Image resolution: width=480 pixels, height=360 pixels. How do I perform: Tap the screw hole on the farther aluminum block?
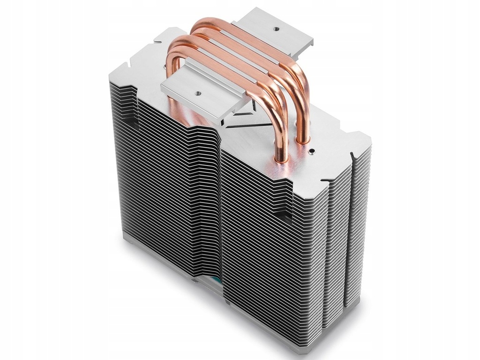[275, 28]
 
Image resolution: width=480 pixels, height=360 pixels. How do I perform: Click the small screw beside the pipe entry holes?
[311, 151]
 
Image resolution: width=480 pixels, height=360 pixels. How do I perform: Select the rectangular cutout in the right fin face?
[281, 216]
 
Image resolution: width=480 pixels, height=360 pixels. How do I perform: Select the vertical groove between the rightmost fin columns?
[351, 234]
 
